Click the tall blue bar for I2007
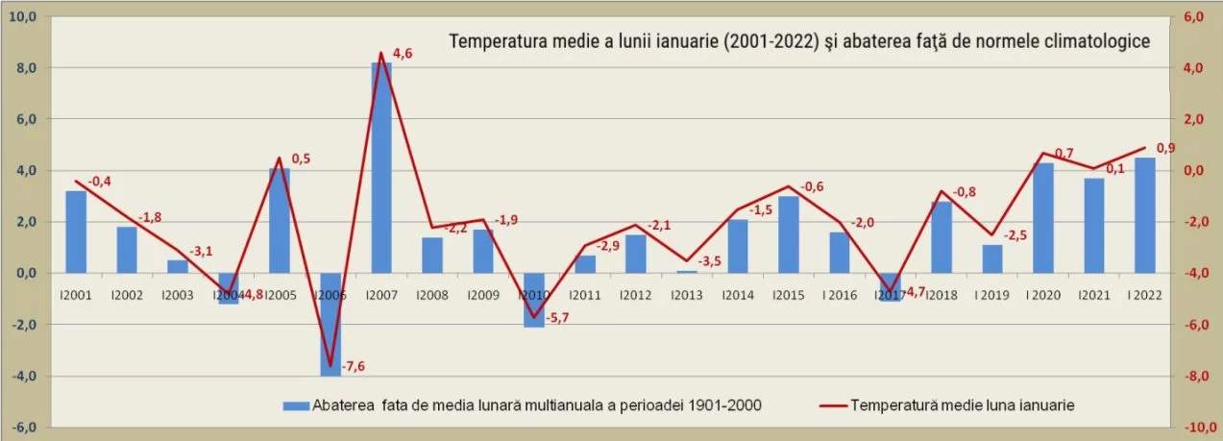(x=381, y=168)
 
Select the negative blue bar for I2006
(x=330, y=324)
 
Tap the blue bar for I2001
(x=76, y=232)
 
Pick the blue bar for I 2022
(x=1145, y=215)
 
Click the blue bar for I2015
(x=789, y=234)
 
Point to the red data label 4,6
(x=404, y=54)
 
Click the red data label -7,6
(x=354, y=365)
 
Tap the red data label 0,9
(x=1165, y=148)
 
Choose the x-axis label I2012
(x=636, y=295)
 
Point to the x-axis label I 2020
(x=1043, y=295)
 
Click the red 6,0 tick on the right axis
(x=1194, y=18)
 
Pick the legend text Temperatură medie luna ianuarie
(x=962, y=405)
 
